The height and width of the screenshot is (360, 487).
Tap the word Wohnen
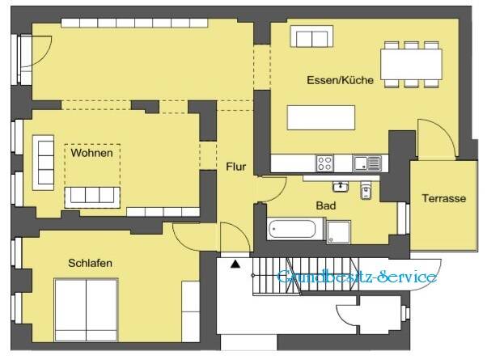(x=91, y=153)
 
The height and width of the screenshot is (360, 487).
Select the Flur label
(x=235, y=168)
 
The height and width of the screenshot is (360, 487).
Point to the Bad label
(x=325, y=205)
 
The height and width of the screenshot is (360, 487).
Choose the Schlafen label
(x=90, y=264)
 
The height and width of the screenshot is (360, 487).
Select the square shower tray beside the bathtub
(x=339, y=231)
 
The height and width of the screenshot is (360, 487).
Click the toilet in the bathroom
(x=365, y=192)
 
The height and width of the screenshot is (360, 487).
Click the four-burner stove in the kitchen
(x=325, y=163)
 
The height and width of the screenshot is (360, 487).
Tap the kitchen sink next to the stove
(x=366, y=163)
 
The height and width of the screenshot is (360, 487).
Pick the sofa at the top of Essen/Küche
(x=312, y=36)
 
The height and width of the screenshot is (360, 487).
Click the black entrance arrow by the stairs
(x=235, y=263)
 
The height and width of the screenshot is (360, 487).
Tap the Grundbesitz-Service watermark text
(x=357, y=277)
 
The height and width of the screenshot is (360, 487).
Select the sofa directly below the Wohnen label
(x=91, y=194)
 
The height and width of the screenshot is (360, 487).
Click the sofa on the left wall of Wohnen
(x=42, y=159)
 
